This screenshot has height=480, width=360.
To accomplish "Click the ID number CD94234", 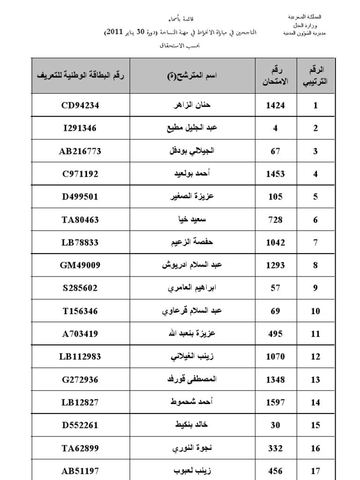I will pyautogui.click(x=80, y=105).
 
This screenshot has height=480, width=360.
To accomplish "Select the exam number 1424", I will pyautogui.click(x=275, y=105).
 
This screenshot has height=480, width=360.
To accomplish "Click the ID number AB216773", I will pyautogui.click(x=80, y=151).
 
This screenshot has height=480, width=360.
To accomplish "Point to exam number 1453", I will pyautogui.click(x=275, y=174).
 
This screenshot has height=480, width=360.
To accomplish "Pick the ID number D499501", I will pyautogui.click(x=80, y=196).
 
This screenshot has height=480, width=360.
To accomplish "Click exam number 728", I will pyautogui.click(x=275, y=220).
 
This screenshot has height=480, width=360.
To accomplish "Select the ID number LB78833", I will pyautogui.click(x=80, y=242).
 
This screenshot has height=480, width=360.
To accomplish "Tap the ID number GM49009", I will pyautogui.click(x=80, y=265).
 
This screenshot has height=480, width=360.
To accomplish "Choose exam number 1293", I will pyautogui.click(x=275, y=265).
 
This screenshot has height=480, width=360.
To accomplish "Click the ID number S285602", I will pyautogui.click(x=80, y=288).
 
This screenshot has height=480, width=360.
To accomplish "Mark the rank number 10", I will pyautogui.click(x=315, y=311).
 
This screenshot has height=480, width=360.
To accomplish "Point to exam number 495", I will pyautogui.click(x=275, y=334).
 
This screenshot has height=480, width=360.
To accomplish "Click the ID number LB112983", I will pyautogui.click(x=80, y=357).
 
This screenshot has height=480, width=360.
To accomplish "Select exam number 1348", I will pyautogui.click(x=275, y=380).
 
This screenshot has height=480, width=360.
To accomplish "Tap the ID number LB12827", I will pyautogui.click(x=80, y=403).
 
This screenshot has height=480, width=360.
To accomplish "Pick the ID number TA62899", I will pyautogui.click(x=80, y=448).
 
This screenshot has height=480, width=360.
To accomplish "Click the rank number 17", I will pyautogui.click(x=315, y=471).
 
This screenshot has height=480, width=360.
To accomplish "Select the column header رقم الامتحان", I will pyautogui.click(x=276, y=75).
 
